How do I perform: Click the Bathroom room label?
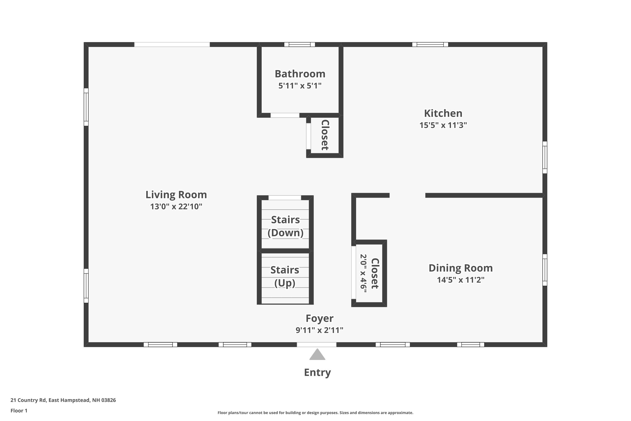(x=300, y=74)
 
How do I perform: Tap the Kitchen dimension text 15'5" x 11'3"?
(x=443, y=125)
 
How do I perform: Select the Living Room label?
(x=176, y=195)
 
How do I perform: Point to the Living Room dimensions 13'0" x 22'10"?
(x=176, y=207)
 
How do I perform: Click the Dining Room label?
(x=461, y=268)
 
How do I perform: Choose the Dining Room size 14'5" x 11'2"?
(x=461, y=280)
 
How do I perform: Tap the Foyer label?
(x=319, y=318)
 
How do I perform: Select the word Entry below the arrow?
(x=317, y=372)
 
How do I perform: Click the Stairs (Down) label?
(x=285, y=226)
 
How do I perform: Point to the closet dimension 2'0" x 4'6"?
(x=363, y=274)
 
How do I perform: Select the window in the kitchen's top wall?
(x=430, y=45)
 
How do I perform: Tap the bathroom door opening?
(x=285, y=115)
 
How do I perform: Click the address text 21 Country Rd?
(x=28, y=400)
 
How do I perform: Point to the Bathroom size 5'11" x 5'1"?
(x=300, y=86)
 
